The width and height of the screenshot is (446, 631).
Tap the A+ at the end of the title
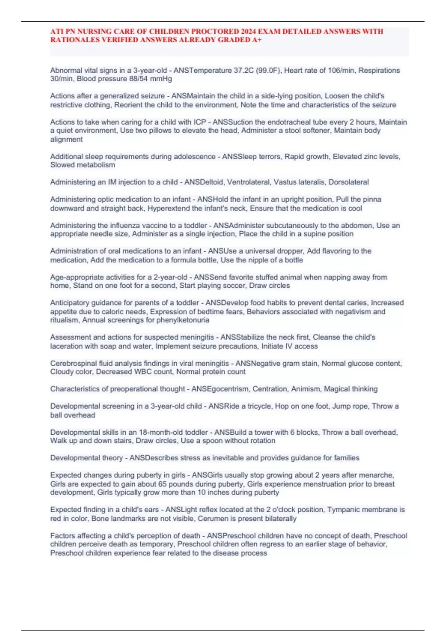pyautogui.click(x=257, y=40)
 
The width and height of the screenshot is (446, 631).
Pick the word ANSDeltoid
pyautogui.click(x=204, y=182)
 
